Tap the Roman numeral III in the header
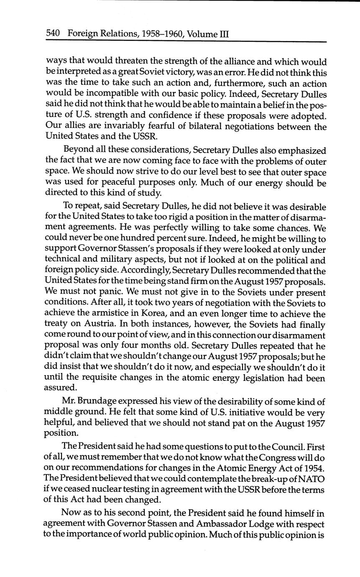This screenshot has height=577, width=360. [224, 33]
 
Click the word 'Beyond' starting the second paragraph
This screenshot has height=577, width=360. [77, 150]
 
